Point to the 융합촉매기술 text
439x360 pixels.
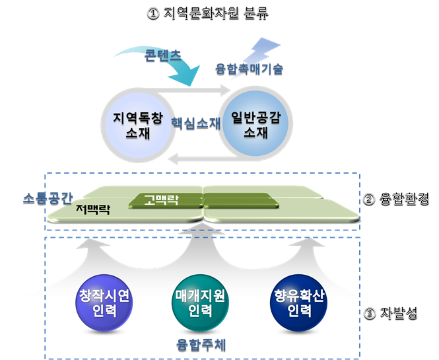tap(250, 69)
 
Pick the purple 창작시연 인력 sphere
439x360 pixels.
tap(106, 305)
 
